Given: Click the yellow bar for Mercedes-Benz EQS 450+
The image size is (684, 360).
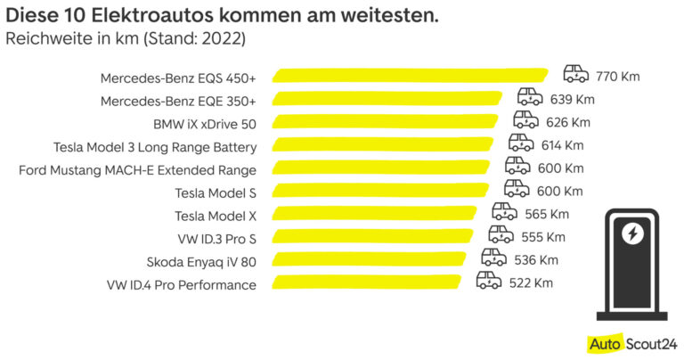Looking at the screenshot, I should (410, 76).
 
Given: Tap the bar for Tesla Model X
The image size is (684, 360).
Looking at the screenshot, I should (379, 215).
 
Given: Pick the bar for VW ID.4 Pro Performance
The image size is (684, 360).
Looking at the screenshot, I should (366, 284).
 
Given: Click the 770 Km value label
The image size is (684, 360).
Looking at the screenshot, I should (618, 76).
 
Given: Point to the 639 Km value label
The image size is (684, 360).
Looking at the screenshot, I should (572, 99).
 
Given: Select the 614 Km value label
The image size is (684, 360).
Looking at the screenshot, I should (562, 145).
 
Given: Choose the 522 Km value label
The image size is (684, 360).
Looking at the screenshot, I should (533, 283).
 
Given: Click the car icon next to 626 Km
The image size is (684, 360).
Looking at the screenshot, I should (525, 120).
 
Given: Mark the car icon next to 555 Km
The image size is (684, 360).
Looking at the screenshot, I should (501, 235).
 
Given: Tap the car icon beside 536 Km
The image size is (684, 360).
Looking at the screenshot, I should (494, 258).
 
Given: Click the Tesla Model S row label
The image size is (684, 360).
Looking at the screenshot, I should (216, 192).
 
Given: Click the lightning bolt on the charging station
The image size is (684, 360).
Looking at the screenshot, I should (632, 233).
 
